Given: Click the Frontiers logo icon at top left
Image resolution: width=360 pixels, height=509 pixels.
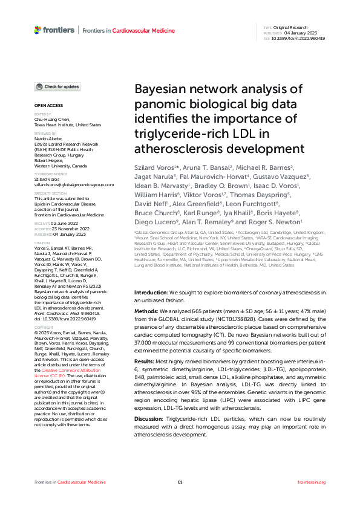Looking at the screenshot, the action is point(38,29).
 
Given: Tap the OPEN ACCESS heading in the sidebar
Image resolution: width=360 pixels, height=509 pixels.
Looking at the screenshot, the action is point(46,105).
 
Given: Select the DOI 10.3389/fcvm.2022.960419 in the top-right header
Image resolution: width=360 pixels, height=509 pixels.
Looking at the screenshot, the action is point(298,38).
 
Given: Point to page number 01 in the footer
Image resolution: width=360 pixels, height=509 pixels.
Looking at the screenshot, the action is point(180,482).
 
